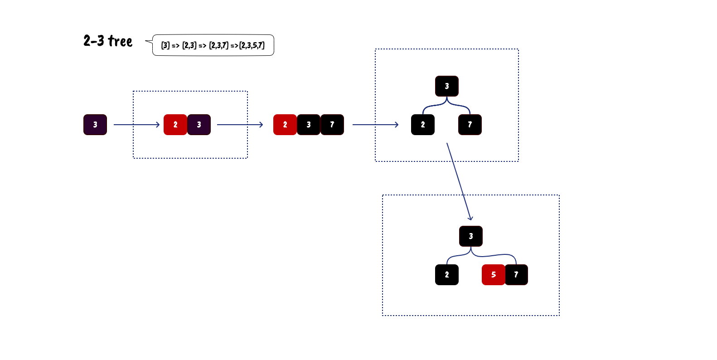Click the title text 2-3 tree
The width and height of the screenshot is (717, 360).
coord(108,41)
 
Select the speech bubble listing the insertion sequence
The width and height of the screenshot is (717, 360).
coord(213,45)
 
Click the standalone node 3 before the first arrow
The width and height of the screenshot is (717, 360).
coord(95,125)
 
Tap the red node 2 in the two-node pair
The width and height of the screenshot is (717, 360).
coord(175,125)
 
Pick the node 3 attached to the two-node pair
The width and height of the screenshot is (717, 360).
coord(199,125)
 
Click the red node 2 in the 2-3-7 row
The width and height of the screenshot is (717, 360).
coord(285,125)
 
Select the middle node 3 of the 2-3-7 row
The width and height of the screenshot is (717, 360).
coord(309,125)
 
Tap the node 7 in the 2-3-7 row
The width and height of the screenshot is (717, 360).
coord(332,125)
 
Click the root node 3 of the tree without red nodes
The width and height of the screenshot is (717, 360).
coord(447,86)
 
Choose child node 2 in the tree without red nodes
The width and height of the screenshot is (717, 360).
coord(423,125)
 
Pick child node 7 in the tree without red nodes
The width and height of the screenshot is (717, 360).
coord(470,125)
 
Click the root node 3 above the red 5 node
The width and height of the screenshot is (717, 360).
coord(471,236)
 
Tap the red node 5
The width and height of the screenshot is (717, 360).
coord(494,275)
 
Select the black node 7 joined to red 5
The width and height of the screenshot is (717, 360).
coord(516,275)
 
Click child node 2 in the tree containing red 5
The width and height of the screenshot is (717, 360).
coord(447,275)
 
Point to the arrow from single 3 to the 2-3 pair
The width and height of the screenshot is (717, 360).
coord(136,125)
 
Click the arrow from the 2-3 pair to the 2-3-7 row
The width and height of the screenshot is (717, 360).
coord(240,125)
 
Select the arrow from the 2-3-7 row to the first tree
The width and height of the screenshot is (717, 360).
coord(375,125)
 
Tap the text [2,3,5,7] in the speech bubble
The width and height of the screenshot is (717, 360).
coord(252,45)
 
